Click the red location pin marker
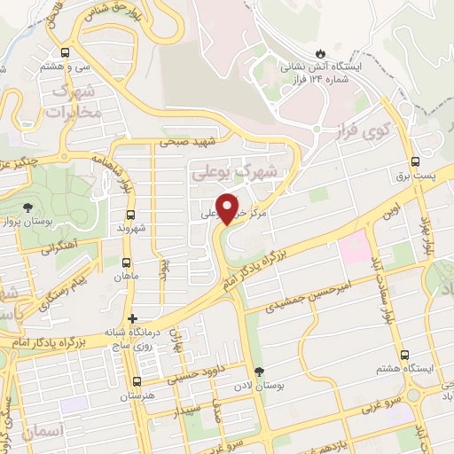228,207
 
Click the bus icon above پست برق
416,162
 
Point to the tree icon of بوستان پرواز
27,207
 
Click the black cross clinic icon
132,318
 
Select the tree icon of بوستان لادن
259,372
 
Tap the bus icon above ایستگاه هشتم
404,355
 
